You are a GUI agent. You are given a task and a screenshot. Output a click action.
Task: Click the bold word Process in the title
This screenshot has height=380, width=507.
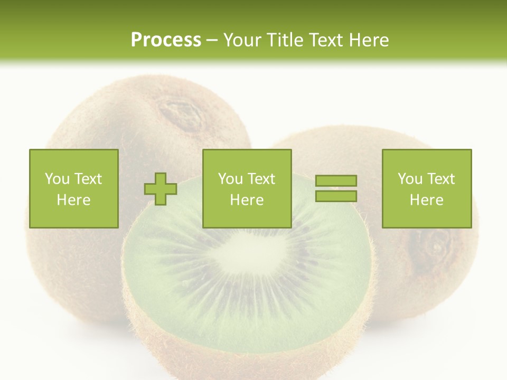click(166, 40)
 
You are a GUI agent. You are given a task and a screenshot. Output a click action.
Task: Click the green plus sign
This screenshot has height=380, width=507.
click(161, 189)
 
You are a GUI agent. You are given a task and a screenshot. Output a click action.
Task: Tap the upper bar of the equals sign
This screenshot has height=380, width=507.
click(336, 181)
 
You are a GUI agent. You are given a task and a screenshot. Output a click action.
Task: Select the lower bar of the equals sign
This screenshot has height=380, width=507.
click(336, 196)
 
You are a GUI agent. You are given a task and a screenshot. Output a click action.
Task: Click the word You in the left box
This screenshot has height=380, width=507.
click(57, 179)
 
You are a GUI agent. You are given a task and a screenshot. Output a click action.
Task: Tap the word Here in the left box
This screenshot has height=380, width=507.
click(73, 200)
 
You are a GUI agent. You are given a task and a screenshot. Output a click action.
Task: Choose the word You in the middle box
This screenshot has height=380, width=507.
click(230, 179)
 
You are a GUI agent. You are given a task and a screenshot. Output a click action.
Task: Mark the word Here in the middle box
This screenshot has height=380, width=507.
click(247, 200)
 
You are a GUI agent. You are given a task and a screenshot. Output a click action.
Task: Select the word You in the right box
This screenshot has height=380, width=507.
click(410, 179)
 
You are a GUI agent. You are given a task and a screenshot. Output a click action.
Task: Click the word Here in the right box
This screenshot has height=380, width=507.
click(426, 200)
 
